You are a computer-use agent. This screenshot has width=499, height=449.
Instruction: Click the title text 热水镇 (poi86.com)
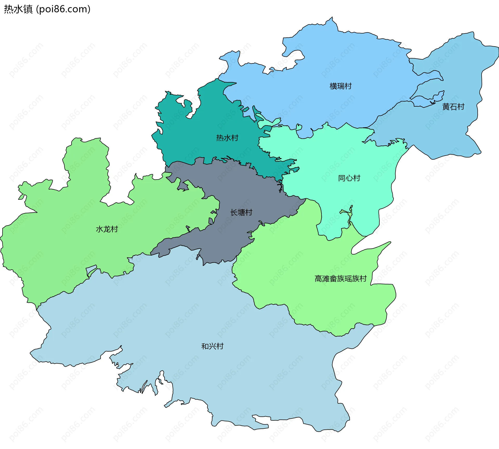[x=47, y=9]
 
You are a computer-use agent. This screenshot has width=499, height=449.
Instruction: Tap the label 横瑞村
[x=340, y=86]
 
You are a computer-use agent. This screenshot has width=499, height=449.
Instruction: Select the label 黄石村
[x=453, y=107]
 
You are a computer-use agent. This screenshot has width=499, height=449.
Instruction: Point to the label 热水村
[x=227, y=138]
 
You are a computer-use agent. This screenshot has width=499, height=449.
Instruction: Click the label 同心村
[x=349, y=178]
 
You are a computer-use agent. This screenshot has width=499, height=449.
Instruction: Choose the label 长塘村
[x=241, y=213]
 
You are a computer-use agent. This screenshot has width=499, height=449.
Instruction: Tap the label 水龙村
[x=107, y=229]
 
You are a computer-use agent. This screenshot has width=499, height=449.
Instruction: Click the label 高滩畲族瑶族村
[x=340, y=279]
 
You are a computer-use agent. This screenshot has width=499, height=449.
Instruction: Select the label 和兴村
[x=212, y=346]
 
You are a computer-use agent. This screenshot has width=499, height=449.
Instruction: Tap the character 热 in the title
[x=9, y=9]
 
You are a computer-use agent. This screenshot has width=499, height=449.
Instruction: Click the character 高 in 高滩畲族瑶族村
[x=318, y=279]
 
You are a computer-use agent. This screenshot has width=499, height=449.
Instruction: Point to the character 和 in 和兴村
[x=205, y=346]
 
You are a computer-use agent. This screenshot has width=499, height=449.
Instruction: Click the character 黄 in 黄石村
[x=446, y=107]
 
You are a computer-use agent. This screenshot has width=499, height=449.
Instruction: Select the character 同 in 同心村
[x=342, y=178]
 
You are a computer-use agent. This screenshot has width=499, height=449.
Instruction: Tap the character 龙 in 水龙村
[x=107, y=229]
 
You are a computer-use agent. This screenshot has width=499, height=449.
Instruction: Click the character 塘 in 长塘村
[x=241, y=213]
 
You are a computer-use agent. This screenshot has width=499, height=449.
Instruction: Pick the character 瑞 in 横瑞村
[x=340, y=86]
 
